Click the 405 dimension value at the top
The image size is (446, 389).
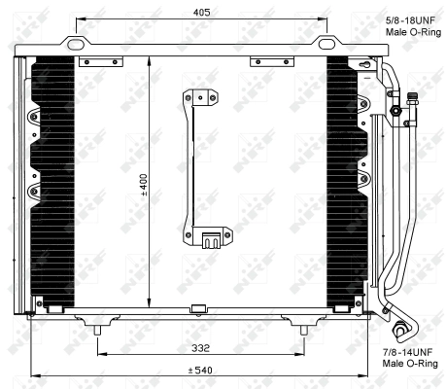click(201, 13)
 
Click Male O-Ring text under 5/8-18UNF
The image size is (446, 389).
click(411, 31)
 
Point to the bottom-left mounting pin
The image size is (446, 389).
click(98, 332)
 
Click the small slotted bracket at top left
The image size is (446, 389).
click(98, 62)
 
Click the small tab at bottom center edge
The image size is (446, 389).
click(199, 310)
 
